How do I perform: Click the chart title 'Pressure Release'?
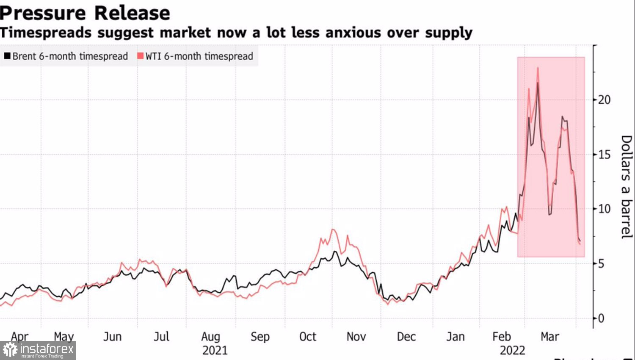pyautogui.click(x=85, y=13)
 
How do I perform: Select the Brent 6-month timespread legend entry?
pyautogui.click(x=66, y=56)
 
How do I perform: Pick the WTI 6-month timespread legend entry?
pyautogui.click(x=195, y=56)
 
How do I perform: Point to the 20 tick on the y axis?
pyautogui.click(x=604, y=100)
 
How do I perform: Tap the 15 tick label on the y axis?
pyautogui.click(x=604, y=155)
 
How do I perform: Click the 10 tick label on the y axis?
pyautogui.click(x=604, y=209)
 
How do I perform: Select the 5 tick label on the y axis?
pyautogui.click(x=601, y=263)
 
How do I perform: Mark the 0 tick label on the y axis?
pyautogui.click(x=601, y=318)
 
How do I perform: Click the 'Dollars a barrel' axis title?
pyautogui.click(x=626, y=187)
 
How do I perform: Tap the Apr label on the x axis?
pyautogui.click(x=20, y=337)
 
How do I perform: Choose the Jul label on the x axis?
pyautogui.click(x=161, y=337)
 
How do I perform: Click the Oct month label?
pyautogui.click(x=308, y=337)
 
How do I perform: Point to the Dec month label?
pyautogui.click(x=406, y=337)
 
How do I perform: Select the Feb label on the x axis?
pyautogui.click(x=502, y=337)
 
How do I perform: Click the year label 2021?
pyautogui.click(x=215, y=351)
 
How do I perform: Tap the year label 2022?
pyautogui.click(x=512, y=351)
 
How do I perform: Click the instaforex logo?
pyautogui.click(x=38, y=350)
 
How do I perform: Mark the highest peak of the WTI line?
pyautogui.click(x=538, y=68)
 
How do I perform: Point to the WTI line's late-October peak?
pyautogui.click(x=333, y=230)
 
